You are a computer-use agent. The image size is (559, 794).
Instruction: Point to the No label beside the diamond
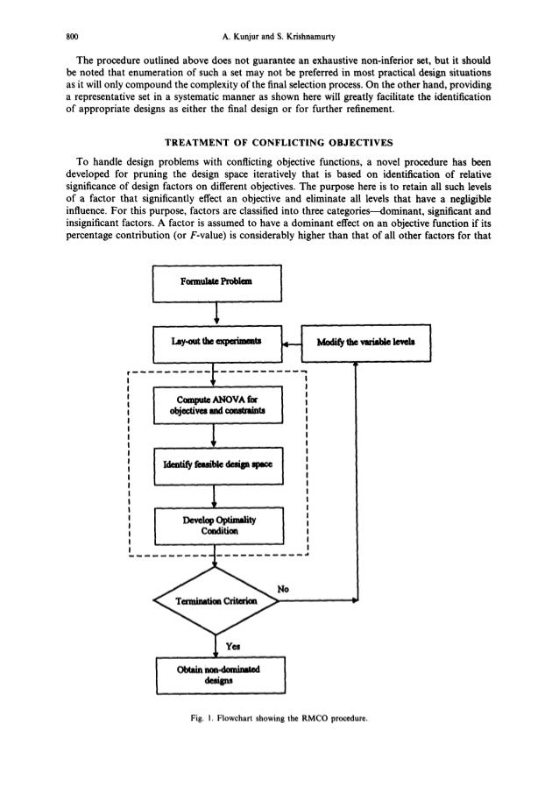click(x=282, y=590)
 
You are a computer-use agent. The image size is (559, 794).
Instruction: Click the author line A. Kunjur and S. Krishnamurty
click(x=280, y=15)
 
